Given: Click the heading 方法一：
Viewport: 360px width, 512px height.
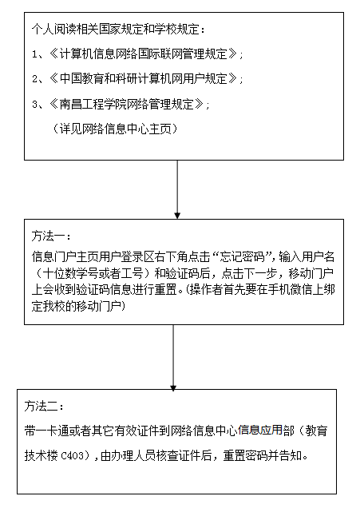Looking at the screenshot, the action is (x=51, y=236).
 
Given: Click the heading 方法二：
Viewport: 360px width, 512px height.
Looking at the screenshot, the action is (x=44, y=407).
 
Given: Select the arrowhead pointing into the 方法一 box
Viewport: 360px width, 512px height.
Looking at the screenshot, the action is (x=177, y=216).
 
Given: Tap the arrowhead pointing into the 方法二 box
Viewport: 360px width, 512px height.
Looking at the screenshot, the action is (x=173, y=388).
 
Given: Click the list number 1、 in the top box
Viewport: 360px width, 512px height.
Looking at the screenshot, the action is (x=39, y=54).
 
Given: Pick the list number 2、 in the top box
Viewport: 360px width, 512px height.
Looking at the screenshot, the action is (x=39, y=79).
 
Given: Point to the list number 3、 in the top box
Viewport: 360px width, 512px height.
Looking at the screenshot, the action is (x=39, y=104).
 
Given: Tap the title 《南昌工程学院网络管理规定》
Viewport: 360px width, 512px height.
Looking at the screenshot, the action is (x=126, y=104).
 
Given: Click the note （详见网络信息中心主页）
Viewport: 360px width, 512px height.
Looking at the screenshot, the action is (x=115, y=129).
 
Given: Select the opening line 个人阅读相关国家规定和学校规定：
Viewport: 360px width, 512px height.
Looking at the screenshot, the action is (x=119, y=30).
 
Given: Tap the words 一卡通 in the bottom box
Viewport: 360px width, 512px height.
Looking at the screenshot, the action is (x=52, y=431).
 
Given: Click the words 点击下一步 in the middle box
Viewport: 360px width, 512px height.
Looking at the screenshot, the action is (x=249, y=273).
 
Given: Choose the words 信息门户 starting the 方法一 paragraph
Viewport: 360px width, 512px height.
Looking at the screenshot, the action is (x=53, y=257).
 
